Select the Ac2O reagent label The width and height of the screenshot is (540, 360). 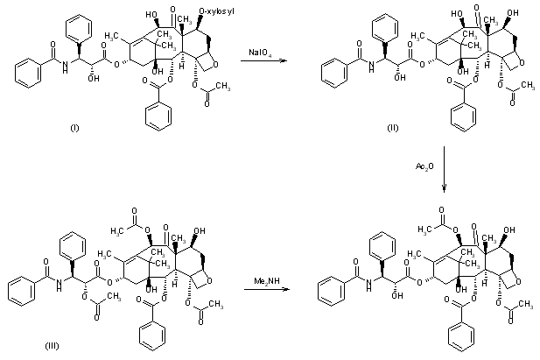(426, 166)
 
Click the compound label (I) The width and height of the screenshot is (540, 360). (74, 129)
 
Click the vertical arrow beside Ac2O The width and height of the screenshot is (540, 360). (445, 166)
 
